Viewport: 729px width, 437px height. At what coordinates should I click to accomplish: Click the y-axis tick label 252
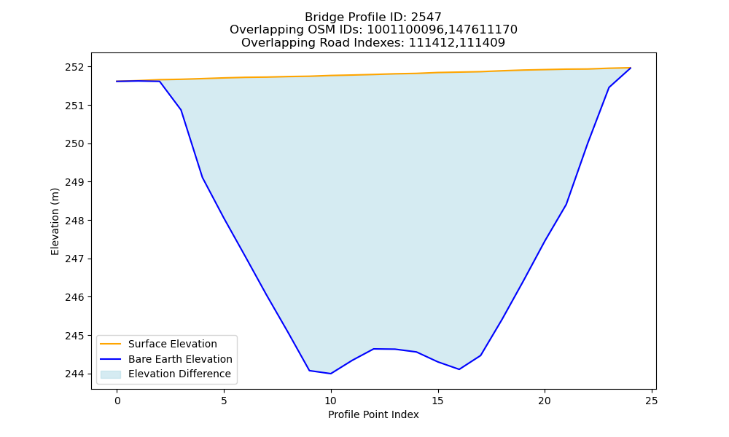coord(74,67)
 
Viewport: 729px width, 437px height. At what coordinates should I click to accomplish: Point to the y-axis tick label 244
coord(74,374)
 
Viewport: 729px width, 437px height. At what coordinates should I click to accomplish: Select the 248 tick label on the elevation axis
coord(74,221)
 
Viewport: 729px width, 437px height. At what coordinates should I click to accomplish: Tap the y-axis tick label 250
coord(74,144)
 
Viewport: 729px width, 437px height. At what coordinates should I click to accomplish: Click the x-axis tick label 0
coord(117,401)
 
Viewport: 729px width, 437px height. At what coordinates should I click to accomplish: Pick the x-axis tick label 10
coord(330,401)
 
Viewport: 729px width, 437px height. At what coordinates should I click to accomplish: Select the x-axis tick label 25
coord(651,401)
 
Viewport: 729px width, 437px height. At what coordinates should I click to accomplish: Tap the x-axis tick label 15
coord(437,401)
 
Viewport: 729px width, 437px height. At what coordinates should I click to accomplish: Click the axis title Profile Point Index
coord(373,414)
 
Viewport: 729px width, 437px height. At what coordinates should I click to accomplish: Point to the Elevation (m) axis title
coord(55,221)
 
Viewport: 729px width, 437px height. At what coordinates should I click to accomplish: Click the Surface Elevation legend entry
coord(173,344)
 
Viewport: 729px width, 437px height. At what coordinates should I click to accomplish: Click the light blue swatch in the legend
coord(111,374)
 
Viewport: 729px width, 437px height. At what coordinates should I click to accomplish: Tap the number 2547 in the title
coord(426,17)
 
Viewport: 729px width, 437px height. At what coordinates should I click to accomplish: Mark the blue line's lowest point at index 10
coord(330,374)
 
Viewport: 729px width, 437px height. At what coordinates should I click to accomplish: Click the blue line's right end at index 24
coord(631,68)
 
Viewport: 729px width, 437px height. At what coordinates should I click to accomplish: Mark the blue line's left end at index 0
coord(117,82)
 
